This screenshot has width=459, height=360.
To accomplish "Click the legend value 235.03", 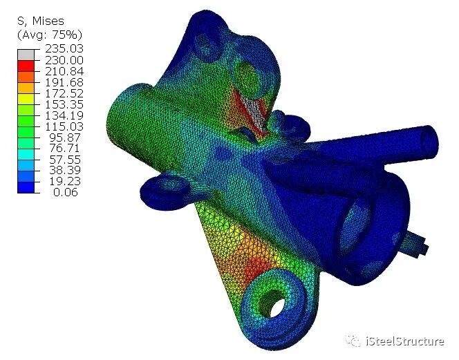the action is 64,48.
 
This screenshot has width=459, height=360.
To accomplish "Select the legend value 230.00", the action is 64,60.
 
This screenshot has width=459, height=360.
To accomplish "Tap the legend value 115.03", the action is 64,126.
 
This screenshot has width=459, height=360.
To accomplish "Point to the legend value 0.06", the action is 66,192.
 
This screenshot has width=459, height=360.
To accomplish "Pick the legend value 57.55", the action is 65,160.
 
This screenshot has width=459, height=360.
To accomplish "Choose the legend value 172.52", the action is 64,94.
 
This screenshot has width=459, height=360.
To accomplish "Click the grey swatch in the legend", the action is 26,55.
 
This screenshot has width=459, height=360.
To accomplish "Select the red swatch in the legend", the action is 26,66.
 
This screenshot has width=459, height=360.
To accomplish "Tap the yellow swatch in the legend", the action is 26,99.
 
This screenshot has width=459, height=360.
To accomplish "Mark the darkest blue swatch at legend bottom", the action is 26,187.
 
